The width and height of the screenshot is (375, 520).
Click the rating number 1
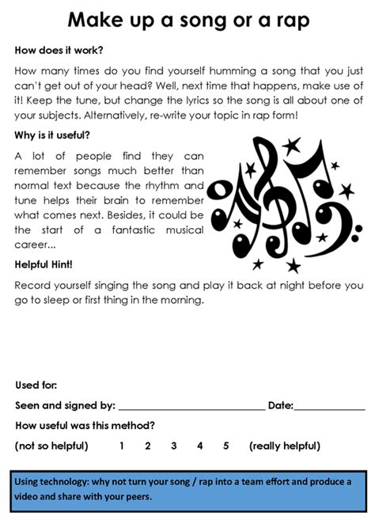pyautogui.click(x=122, y=446)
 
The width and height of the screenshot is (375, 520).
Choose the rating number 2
pyautogui.click(x=148, y=446)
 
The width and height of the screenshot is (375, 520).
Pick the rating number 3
pyautogui.click(x=173, y=446)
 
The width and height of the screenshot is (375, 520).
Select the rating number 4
pyautogui.click(x=200, y=446)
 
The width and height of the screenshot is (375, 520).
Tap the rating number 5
pyautogui.click(x=226, y=446)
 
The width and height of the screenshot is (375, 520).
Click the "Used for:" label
pyautogui.click(x=36, y=385)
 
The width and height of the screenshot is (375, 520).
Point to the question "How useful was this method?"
pyautogui.click(x=85, y=426)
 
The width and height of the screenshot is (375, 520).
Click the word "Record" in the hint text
pyautogui.click(x=33, y=283)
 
